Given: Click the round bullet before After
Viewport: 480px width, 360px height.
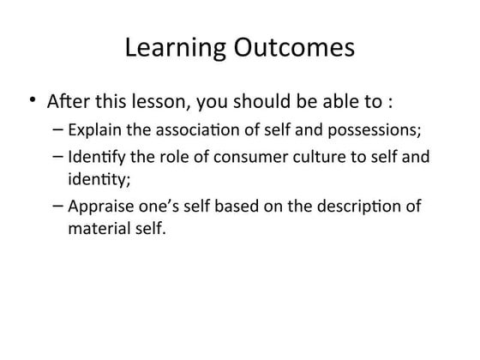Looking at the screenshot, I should (x=32, y=102).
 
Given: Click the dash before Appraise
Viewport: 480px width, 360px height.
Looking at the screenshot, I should (x=57, y=207).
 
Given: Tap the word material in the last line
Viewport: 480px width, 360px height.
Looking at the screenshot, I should (x=96, y=229).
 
